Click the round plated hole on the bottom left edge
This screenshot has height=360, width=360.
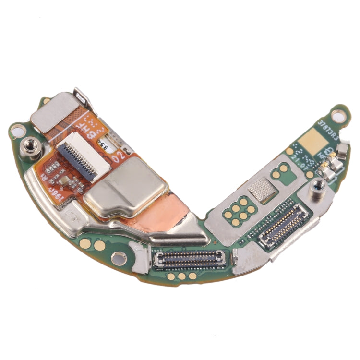pos(118,259)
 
